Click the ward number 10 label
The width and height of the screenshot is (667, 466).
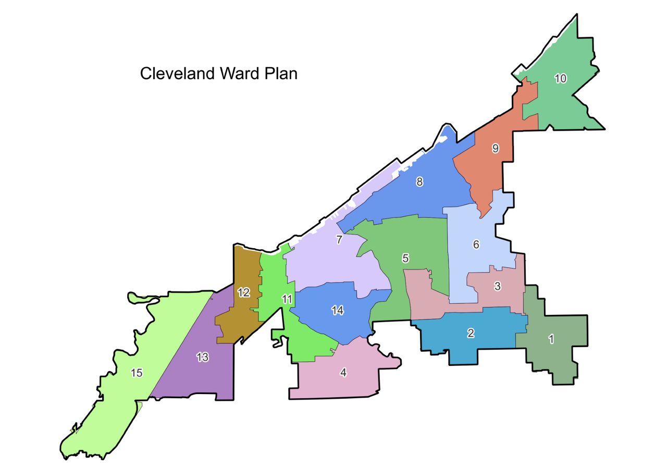pos(560,79)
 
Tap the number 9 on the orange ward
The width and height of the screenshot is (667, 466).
pos(495,149)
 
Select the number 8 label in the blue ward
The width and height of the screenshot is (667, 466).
pos(419,182)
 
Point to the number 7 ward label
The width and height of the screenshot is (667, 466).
pos(339,240)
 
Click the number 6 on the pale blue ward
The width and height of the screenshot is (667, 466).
pos(476,244)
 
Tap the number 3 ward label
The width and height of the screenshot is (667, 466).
pos(497,286)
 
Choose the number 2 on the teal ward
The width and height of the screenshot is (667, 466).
pos(471,333)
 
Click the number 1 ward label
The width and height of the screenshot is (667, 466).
pos(551,339)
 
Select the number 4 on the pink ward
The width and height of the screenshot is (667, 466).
pos(343,372)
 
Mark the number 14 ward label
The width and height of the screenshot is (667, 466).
pos(338,311)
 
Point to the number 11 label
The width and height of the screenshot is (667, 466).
pos(287,299)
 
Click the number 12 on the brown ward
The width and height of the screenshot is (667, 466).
pos(243,292)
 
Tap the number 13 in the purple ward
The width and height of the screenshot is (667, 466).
pos(203,357)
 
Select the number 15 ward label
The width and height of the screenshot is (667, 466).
pos(137,373)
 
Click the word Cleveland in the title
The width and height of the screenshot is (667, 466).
pos(178,73)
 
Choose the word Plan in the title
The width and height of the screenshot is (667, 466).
pos(281,73)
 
